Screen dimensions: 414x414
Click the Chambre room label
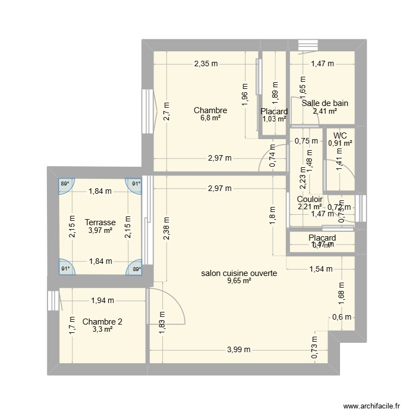pyautogui.click(x=210, y=110)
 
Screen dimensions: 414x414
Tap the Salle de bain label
pyautogui.click(x=325, y=103)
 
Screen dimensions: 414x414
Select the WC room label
pyautogui.click(x=340, y=135)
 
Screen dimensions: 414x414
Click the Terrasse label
pyautogui.click(x=100, y=222)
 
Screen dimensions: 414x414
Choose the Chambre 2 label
pyautogui.click(x=102, y=322)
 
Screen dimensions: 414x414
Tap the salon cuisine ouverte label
pyautogui.click(x=238, y=273)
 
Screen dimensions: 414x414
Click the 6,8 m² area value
pyautogui.click(x=210, y=118)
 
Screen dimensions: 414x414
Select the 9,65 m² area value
pyautogui.click(x=238, y=281)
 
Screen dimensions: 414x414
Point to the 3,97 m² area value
pyautogui.click(x=100, y=230)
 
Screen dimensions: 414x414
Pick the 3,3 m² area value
pyautogui.click(x=102, y=330)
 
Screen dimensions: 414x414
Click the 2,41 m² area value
pyautogui.click(x=325, y=111)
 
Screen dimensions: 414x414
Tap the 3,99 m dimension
pyautogui.click(x=238, y=349)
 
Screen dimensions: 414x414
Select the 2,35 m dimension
pyautogui.click(x=205, y=63)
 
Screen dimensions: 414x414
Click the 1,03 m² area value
pyautogui.click(x=274, y=119)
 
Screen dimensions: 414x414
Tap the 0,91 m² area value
pyautogui.click(x=340, y=144)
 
